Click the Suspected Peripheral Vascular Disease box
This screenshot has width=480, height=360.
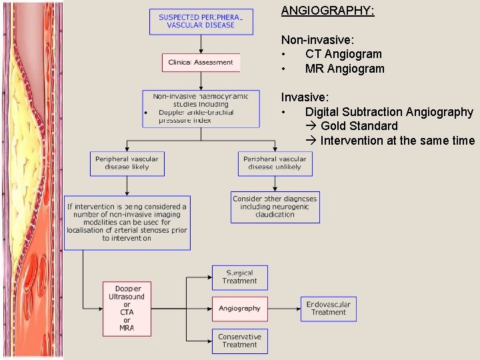pyautogui.click(x=201, y=21)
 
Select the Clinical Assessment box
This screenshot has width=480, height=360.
pyautogui.click(x=201, y=63)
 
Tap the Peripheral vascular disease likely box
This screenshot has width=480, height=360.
pyautogui.click(x=127, y=163)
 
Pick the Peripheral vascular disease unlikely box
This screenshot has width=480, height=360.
pyautogui.click(x=275, y=163)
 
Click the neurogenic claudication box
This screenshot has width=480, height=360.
pyautogui.click(x=275, y=207)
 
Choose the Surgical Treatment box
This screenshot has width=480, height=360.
pyautogui.click(x=239, y=277)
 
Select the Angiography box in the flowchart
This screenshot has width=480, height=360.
pyautogui.click(x=239, y=309)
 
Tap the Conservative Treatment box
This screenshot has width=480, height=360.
pyautogui.click(x=239, y=341)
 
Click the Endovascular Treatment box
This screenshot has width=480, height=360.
pyautogui.click(x=328, y=309)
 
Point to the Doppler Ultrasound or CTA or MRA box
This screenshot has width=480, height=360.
pyautogui.click(x=127, y=309)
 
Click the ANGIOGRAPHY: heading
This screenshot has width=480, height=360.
pyautogui.click(x=327, y=11)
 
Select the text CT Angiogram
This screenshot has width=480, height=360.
pyautogui.click(x=343, y=54)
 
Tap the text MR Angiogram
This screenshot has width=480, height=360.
pyautogui.click(x=345, y=69)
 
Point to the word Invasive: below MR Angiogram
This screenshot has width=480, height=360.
pyautogui.click(x=305, y=97)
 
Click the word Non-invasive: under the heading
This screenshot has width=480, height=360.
pyautogui.click(x=317, y=40)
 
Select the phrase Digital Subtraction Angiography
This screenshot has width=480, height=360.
pyautogui.click(x=389, y=112)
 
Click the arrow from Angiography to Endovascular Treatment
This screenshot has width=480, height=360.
pyautogui.click(x=284, y=309)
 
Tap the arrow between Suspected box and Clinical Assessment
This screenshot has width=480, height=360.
pyautogui.click(x=201, y=44)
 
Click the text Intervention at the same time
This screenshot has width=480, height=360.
pyautogui.click(x=397, y=141)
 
